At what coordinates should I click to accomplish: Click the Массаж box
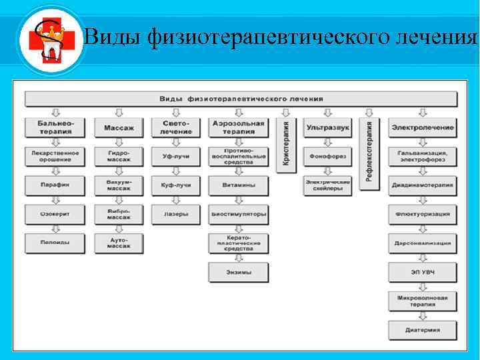pos(119,127)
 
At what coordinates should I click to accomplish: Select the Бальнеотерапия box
pos(55,127)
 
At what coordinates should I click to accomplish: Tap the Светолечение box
pos(176,127)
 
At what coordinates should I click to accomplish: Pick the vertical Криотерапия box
pos(286,145)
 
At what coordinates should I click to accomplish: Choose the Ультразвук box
pos(327,127)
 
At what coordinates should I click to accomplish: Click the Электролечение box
pos(423,127)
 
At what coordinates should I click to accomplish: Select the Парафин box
pos(55,185)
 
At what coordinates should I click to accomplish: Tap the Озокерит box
pos(55,214)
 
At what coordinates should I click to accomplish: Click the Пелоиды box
pos(55,243)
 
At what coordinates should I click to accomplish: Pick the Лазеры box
pos(176,214)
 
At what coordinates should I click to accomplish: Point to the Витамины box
pos(239,185)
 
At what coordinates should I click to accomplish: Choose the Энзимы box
pos(239,272)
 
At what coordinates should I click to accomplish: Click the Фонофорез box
pos(327,157)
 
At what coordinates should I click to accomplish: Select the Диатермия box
pos(423,329)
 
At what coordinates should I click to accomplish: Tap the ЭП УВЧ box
pos(423,272)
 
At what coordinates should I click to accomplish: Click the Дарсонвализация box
pos(423,243)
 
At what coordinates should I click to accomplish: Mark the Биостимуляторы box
pos(239,214)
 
